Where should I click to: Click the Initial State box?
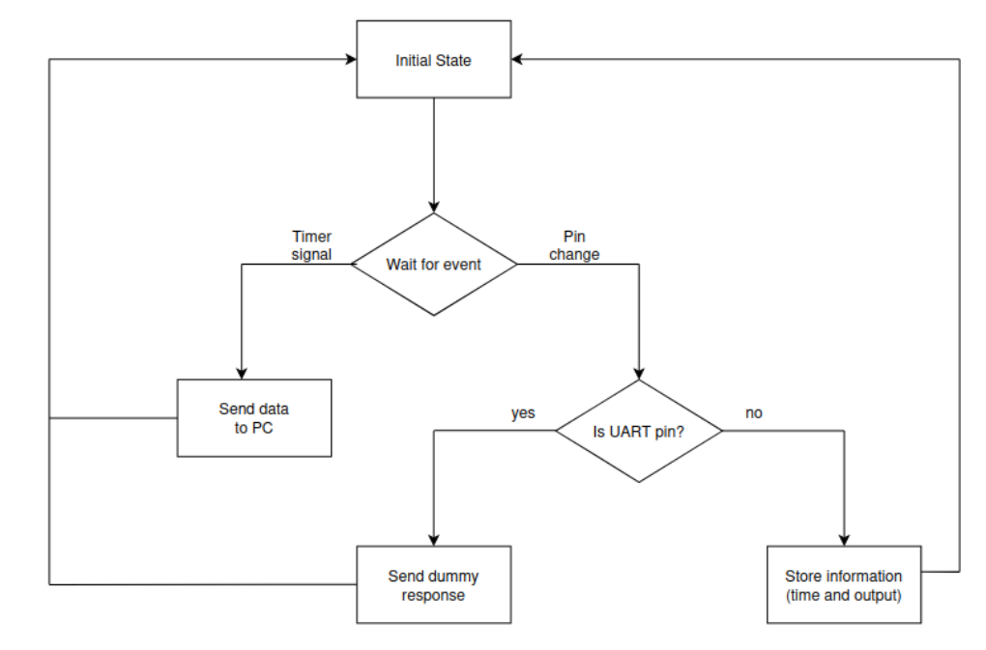pyautogui.click(x=434, y=59)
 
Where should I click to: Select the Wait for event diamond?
pyautogui.click(x=434, y=265)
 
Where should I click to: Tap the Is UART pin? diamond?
pyautogui.click(x=639, y=432)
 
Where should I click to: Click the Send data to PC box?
pyautogui.click(x=254, y=418)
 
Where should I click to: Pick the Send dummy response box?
pyautogui.click(x=434, y=584)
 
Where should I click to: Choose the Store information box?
pyautogui.click(x=844, y=584)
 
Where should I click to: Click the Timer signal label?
pyautogui.click(x=311, y=245)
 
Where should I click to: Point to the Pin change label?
pyautogui.click(x=574, y=245)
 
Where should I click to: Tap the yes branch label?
pyautogui.click(x=523, y=413)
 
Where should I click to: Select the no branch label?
pyautogui.click(x=754, y=413)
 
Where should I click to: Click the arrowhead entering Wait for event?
pyautogui.click(x=434, y=208)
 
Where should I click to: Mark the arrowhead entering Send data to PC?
pyautogui.click(x=242, y=373)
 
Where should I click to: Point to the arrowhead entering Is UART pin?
pyautogui.click(x=639, y=374)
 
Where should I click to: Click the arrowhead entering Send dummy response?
pyautogui.click(x=434, y=540)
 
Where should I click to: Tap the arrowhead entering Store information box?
pyautogui.click(x=844, y=540)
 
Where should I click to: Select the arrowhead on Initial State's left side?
pyautogui.click(x=351, y=59)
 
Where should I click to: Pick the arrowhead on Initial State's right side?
pyautogui.click(x=517, y=59)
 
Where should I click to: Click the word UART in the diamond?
pyautogui.click(x=630, y=432)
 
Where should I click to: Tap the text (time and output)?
pyautogui.click(x=844, y=595)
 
